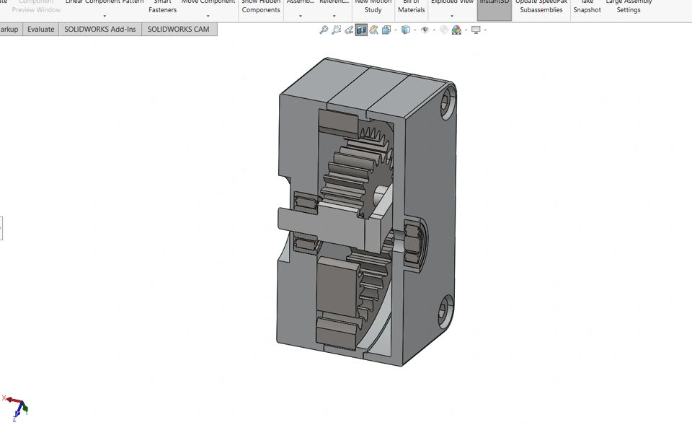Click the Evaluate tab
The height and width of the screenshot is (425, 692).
pos(40,30)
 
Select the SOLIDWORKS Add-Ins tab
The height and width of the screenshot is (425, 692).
pos(99,30)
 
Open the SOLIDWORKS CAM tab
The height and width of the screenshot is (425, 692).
pos(178,30)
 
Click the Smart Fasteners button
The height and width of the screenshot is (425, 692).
pos(162,6)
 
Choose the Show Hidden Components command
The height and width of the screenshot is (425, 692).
pos(261,6)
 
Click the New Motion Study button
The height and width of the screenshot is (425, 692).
pos(373,6)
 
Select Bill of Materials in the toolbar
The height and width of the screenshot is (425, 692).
pos(411,6)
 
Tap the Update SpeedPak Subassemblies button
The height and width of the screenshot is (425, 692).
pos(541,6)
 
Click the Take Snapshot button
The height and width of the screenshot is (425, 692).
pos(587,6)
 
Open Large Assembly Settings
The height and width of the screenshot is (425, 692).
pos(628,6)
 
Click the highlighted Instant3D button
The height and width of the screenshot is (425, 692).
pos(494,6)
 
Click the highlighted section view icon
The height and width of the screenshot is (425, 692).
pos(361,30)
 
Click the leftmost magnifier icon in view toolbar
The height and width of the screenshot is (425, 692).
pos(324,30)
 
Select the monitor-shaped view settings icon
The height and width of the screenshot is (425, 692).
pos(476,30)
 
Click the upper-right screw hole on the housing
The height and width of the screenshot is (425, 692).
pos(446,103)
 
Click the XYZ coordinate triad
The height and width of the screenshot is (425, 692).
pos(17,408)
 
